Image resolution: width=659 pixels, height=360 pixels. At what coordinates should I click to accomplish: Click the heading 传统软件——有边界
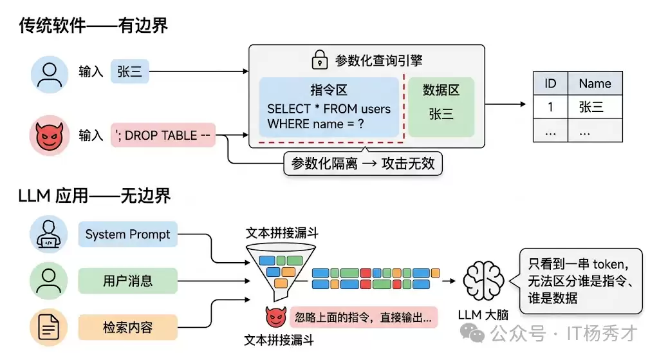93,26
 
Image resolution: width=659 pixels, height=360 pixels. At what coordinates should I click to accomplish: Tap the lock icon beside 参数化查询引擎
319,61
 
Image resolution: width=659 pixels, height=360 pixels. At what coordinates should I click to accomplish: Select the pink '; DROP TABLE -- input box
163,135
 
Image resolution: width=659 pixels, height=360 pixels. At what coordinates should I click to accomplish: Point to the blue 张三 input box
129,71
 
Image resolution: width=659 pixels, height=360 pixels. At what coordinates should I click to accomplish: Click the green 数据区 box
441,107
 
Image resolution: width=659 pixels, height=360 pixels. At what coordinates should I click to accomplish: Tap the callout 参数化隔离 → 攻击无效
363,163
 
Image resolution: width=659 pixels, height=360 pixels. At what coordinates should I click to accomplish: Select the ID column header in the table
550,84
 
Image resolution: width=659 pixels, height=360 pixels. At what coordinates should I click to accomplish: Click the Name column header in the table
595,84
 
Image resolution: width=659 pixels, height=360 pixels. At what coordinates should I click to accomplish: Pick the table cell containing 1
550,107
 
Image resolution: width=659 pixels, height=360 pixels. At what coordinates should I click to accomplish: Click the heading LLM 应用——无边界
95,195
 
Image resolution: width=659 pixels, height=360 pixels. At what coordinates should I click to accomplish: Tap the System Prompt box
128,234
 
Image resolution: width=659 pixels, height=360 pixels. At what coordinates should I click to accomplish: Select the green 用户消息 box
128,281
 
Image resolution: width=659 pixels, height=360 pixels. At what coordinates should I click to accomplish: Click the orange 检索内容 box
128,327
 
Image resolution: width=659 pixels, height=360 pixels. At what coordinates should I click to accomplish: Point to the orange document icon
48,327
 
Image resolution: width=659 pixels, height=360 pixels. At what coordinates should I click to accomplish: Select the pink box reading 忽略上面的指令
365,317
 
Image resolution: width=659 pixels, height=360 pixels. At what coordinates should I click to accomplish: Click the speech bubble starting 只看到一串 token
580,281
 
